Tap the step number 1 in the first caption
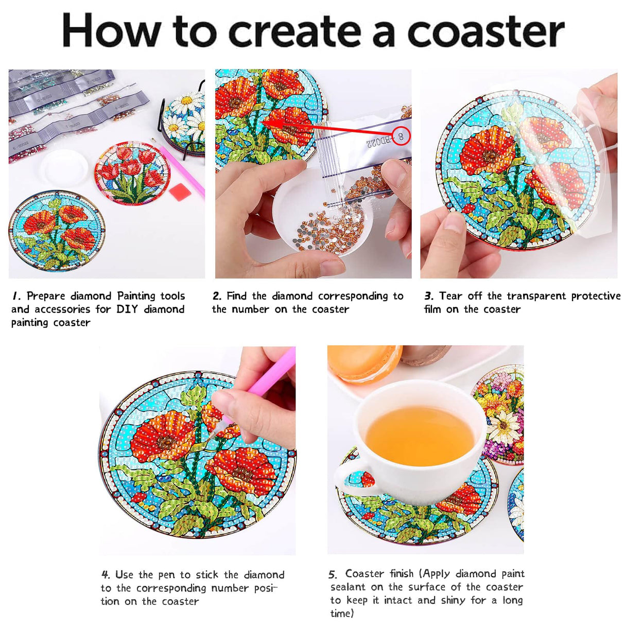click(16, 296)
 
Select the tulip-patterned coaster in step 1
click(132, 173)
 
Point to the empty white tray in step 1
click(64, 168)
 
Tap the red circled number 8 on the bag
click(401, 136)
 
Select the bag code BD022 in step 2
click(378, 143)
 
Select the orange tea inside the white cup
click(420, 435)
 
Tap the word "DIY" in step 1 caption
click(127, 309)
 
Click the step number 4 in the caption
click(106, 575)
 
